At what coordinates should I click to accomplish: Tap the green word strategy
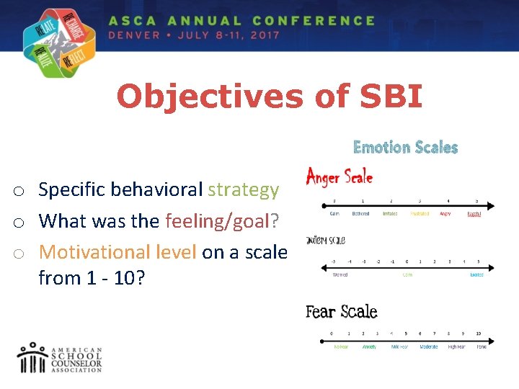[243, 189]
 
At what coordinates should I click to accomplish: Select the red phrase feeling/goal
[216, 220]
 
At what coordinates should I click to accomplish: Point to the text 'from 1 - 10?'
[92, 277]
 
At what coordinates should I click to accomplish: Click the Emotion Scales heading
[405, 148]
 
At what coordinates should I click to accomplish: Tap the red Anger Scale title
[340, 176]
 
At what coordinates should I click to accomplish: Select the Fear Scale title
[341, 311]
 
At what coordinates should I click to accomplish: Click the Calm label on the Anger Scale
[334, 214]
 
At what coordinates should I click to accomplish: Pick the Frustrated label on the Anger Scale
[419, 214]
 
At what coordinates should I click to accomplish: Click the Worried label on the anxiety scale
[340, 274]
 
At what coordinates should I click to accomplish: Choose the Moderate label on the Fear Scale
[429, 346]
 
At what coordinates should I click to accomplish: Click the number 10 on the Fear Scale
[479, 334]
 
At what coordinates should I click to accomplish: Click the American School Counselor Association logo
[61, 357]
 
